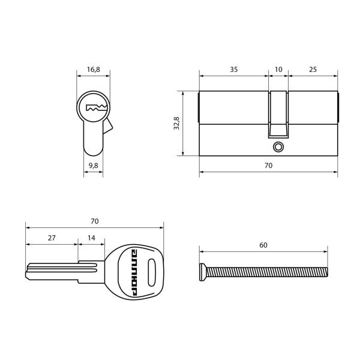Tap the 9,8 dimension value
[93, 164]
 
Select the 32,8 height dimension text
[176, 124]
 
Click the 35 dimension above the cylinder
[233, 70]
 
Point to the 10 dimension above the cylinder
[278, 70]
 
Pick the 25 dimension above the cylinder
[313, 70]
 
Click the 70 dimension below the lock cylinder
[268, 165]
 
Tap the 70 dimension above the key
[94, 221]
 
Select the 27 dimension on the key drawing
[52, 238]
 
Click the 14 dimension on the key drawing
[91, 238]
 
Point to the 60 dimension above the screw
[263, 245]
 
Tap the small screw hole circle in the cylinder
[278, 146]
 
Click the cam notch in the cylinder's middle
[278, 114]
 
